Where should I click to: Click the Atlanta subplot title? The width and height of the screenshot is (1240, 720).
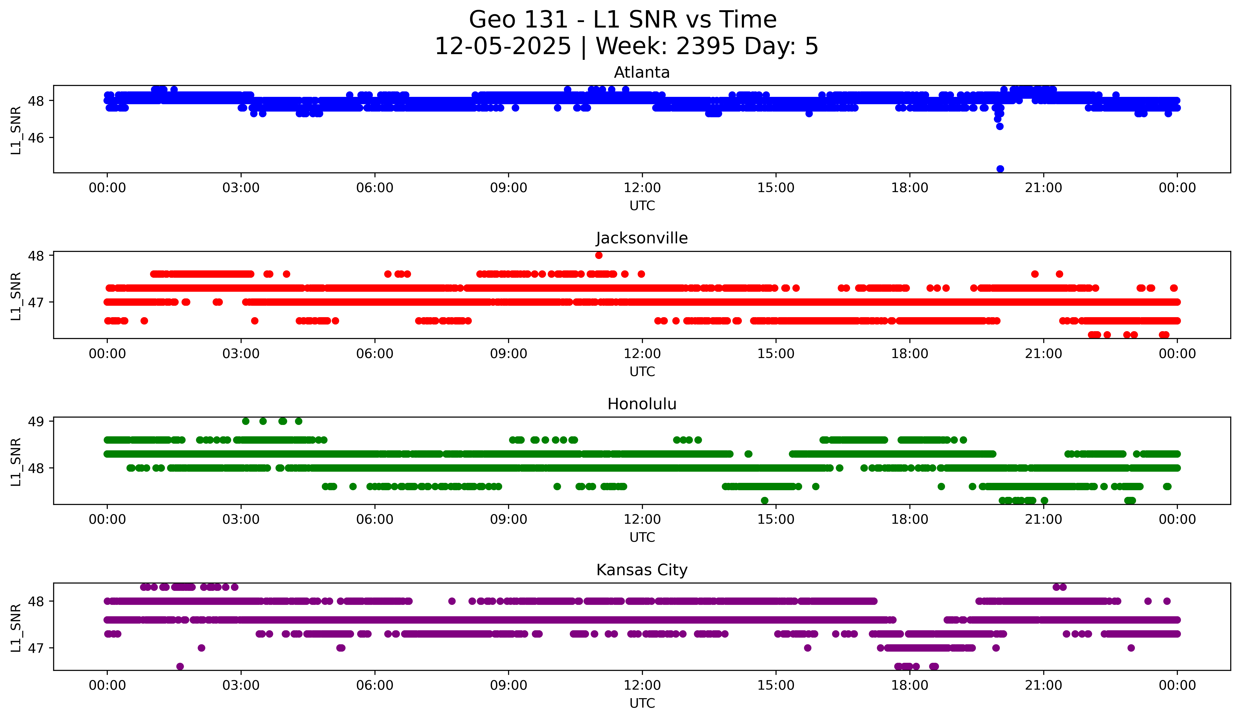click(642, 72)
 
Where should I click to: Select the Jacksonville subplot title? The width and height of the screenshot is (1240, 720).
click(642, 238)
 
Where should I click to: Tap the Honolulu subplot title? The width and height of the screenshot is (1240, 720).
click(642, 404)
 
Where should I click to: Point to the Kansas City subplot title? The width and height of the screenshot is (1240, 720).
click(642, 570)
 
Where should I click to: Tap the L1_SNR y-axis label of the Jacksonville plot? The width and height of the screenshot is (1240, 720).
click(16, 296)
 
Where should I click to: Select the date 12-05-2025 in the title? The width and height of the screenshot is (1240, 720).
click(503, 46)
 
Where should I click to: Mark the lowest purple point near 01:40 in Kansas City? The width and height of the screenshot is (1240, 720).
click(180, 666)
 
